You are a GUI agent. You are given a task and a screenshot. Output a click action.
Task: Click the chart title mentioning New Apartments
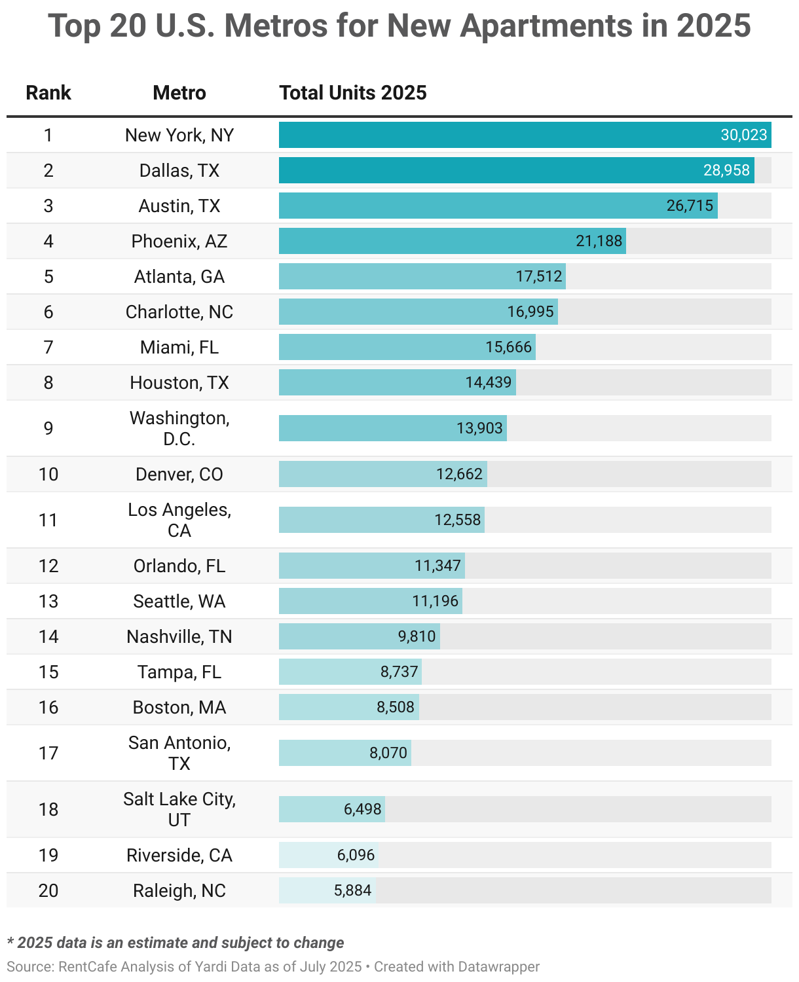tap(399, 26)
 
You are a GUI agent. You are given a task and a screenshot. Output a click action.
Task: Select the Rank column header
tap(48, 93)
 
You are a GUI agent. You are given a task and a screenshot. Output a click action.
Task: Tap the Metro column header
tap(179, 93)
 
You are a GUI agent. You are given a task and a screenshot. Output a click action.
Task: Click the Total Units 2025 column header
tap(352, 93)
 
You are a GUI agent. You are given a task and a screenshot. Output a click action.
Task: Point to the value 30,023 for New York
tap(743, 135)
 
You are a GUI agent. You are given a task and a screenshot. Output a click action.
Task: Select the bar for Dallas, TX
tap(516, 170)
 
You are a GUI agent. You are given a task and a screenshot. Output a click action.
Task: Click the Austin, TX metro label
tap(179, 206)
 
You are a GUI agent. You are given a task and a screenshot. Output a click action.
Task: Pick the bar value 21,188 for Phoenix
tap(599, 241)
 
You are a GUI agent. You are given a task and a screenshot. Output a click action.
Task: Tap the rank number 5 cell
tap(48, 276)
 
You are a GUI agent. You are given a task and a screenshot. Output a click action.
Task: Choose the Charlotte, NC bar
tap(418, 312)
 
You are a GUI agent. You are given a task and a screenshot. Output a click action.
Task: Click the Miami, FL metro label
tap(179, 347)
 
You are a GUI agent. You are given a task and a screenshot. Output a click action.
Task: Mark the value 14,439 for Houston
tap(488, 382)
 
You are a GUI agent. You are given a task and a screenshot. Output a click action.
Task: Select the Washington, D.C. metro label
tap(179, 428)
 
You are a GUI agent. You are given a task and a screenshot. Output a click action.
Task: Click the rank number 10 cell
tap(48, 474)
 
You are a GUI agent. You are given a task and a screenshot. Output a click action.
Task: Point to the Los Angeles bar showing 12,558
tap(381, 520)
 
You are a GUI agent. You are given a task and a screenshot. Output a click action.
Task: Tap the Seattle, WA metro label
tap(179, 601)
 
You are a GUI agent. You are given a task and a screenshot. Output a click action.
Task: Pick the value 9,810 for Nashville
tap(417, 636)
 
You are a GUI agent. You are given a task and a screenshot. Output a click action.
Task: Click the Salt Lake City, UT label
tap(179, 809)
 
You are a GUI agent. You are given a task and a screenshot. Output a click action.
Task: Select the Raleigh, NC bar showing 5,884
tap(327, 890)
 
